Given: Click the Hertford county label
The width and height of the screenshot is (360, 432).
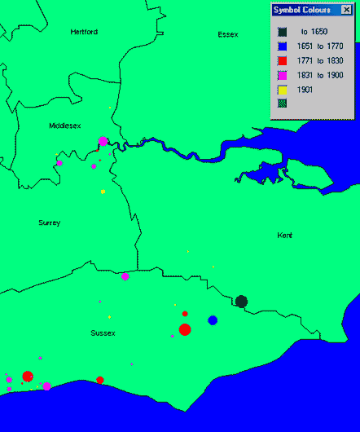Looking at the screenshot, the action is click(84, 32).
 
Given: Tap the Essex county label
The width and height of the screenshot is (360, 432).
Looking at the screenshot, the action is click(228, 34).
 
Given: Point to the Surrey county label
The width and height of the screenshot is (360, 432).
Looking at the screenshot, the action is click(49, 223).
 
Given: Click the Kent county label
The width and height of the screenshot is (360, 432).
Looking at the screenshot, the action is click(284, 235).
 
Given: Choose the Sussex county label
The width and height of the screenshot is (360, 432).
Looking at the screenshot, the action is click(103, 333).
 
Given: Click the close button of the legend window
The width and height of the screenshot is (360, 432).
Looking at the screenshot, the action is click(345, 10).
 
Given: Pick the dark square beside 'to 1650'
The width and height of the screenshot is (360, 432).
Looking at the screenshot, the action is click(282, 31).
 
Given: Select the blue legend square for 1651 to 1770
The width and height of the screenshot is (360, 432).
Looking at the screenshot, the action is click(282, 46).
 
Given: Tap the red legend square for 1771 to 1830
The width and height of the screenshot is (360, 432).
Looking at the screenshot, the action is click(282, 60).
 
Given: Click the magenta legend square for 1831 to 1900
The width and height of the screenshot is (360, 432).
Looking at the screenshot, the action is click(282, 75).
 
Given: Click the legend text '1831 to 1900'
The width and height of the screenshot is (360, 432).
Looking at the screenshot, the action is click(318, 75).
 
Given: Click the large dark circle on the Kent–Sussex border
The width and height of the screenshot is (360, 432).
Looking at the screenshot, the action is click(241, 302).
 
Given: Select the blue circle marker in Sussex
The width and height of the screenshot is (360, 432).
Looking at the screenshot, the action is click(213, 320).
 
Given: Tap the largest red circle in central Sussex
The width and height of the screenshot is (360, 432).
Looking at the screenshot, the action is click(185, 329).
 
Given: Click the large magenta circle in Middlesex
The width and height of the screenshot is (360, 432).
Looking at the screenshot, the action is click(103, 141).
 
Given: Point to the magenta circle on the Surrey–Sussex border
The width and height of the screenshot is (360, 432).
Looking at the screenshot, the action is click(125, 277).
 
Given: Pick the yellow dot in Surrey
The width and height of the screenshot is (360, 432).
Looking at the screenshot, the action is click(103, 192).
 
